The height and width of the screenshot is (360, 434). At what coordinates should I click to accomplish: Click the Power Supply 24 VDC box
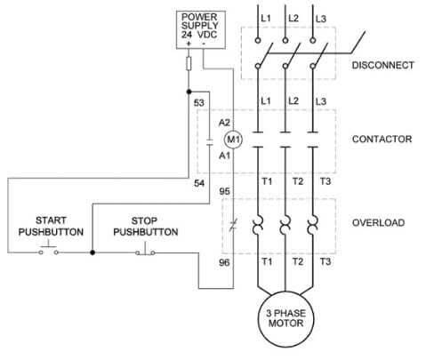coord(201,29)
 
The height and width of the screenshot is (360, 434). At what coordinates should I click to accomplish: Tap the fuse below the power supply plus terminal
coord(189,63)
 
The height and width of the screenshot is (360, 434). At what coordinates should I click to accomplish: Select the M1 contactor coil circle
coord(233,140)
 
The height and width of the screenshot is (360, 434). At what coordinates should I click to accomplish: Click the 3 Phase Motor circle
coord(285,319)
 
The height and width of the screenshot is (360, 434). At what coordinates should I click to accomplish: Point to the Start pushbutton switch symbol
coord(48,251)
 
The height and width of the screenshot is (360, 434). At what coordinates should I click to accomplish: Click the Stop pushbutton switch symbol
coord(145,249)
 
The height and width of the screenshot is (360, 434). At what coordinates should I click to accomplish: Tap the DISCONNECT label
coord(382,65)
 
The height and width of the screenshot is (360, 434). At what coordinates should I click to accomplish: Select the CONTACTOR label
coord(382,139)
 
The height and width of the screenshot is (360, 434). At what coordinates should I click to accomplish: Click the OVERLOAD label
coord(378,222)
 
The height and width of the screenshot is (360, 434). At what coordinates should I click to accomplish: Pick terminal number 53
coord(199,103)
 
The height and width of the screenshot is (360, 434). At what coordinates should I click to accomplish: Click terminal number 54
coord(199,183)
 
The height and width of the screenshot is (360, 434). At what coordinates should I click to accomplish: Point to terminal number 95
coord(224,191)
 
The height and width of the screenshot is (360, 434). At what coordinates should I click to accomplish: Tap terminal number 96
coord(224,262)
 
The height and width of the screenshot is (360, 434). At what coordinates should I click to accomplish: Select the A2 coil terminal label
coord(224,123)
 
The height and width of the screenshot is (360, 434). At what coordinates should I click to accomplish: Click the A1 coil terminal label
coord(224,156)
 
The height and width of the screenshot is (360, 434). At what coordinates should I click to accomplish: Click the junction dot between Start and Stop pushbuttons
coord(92,252)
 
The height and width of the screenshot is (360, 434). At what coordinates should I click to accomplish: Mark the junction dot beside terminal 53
coord(189,92)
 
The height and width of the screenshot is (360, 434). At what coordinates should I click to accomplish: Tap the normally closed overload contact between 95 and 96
coord(233,225)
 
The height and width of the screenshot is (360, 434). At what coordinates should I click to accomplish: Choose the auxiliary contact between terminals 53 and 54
coord(210,142)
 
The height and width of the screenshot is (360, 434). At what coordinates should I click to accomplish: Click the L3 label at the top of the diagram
coord(321,19)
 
